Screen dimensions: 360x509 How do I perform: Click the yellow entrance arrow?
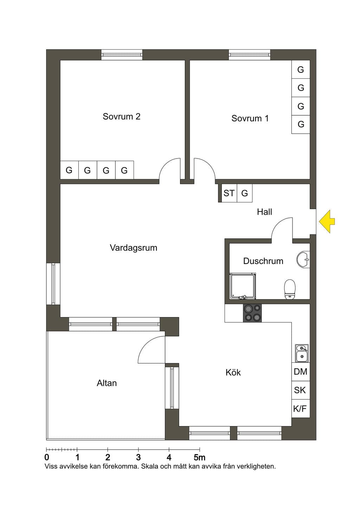(327, 222)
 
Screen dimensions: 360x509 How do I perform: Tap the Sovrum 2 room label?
(122, 117)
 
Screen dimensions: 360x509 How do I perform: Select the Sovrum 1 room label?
(250, 118)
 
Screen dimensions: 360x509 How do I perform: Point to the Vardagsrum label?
(133, 248)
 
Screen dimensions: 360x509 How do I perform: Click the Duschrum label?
(263, 261)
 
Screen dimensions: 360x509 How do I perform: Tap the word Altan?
(107, 383)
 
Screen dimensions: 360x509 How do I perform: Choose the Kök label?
(233, 372)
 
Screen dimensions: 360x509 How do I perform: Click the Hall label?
(264, 212)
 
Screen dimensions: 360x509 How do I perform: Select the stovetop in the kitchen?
(252, 313)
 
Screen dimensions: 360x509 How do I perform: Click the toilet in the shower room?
(290, 289)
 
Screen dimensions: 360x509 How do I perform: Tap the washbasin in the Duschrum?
(303, 259)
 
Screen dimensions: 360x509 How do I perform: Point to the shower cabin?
(243, 286)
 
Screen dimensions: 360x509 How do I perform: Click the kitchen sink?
(302, 353)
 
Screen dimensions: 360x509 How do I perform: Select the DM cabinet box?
(301, 372)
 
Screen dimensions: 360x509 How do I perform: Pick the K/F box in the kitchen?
(301, 408)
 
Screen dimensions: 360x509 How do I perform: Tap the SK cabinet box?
(301, 390)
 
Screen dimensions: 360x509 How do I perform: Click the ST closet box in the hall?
(229, 193)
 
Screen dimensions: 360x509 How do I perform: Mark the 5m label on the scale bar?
(200, 457)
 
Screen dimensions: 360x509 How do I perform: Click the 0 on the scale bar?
(47, 457)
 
